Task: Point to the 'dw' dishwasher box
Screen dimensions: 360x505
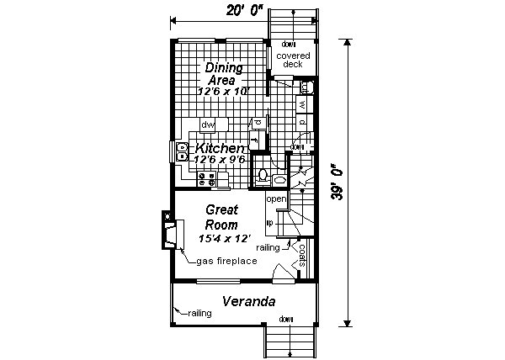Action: tap(208, 124)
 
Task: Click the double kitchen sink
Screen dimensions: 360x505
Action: tap(182, 151)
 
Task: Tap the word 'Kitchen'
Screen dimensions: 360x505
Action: tap(221, 147)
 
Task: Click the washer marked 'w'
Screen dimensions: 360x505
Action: tap(302, 104)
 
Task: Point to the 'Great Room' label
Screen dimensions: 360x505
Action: tap(222, 217)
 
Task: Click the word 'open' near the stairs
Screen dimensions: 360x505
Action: tap(276, 199)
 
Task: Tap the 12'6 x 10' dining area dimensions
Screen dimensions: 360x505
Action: tap(224, 90)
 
